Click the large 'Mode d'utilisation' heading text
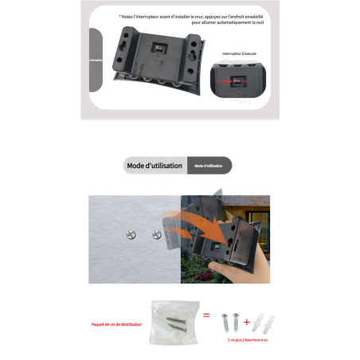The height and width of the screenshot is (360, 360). point(155,166)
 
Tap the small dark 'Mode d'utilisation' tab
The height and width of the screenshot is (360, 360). point(209,166)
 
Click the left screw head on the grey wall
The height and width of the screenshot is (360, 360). point(130,234)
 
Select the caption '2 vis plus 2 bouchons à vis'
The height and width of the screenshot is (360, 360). point(248,339)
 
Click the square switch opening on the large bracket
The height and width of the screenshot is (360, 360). point(158,49)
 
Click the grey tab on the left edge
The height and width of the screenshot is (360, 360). point(96,60)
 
